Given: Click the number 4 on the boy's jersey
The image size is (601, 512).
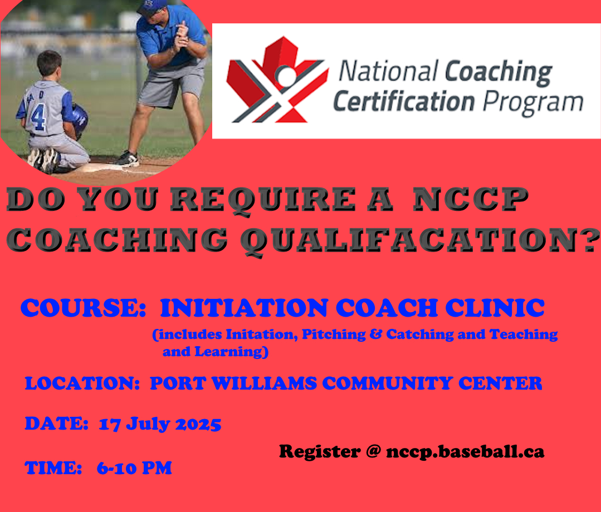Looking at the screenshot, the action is (x=38, y=116).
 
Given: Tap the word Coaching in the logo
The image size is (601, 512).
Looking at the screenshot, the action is (x=498, y=73).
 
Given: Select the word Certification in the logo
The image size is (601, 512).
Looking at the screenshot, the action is (x=404, y=101).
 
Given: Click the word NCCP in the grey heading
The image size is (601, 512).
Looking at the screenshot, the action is (x=471, y=199).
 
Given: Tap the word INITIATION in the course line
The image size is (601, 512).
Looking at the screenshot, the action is (x=245, y=308).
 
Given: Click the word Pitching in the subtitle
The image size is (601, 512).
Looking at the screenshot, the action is (x=334, y=334).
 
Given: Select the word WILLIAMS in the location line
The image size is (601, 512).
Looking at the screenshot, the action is (x=264, y=383).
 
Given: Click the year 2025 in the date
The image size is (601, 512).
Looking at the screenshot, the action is (x=198, y=424).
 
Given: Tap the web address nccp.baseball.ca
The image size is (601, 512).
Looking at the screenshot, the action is (x=465, y=451).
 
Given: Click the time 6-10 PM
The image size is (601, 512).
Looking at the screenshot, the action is (x=134, y=468).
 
